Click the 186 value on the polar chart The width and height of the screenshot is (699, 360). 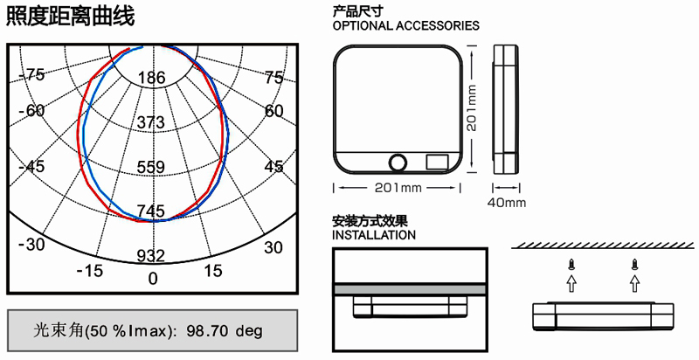tap(151, 78)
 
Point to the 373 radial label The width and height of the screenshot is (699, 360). tap(150, 122)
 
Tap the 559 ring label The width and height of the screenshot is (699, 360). tap(150, 167)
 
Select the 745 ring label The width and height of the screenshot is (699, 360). tap(150, 211)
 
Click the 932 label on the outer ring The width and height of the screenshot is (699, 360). tap(150, 256)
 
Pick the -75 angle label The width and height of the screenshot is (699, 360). tap(31, 75)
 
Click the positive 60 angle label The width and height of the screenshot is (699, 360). tap(273, 110)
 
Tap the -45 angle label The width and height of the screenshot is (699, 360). tap(31, 167)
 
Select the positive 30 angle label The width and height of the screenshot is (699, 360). tap(273, 247)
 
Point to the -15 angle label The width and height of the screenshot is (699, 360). tap(90, 270)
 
